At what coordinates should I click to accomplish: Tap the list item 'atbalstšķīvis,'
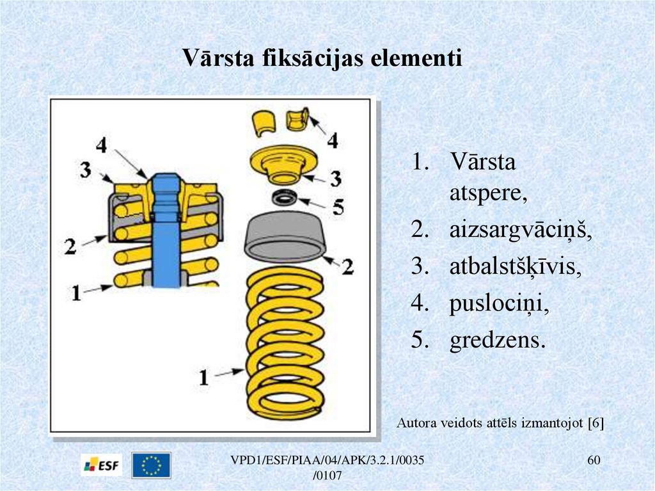515,268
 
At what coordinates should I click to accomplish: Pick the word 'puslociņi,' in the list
499,304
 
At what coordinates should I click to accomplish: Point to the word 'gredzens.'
498,341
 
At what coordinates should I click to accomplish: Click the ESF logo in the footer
102,465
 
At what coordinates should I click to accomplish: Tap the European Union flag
152,465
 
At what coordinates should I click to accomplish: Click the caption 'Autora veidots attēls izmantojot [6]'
500,423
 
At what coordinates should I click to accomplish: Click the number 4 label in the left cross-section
101,146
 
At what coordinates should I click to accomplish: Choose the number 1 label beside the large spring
203,378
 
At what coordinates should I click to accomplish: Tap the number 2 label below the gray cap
347,266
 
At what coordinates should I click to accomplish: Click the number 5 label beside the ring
338,207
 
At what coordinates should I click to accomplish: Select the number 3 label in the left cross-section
86,170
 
